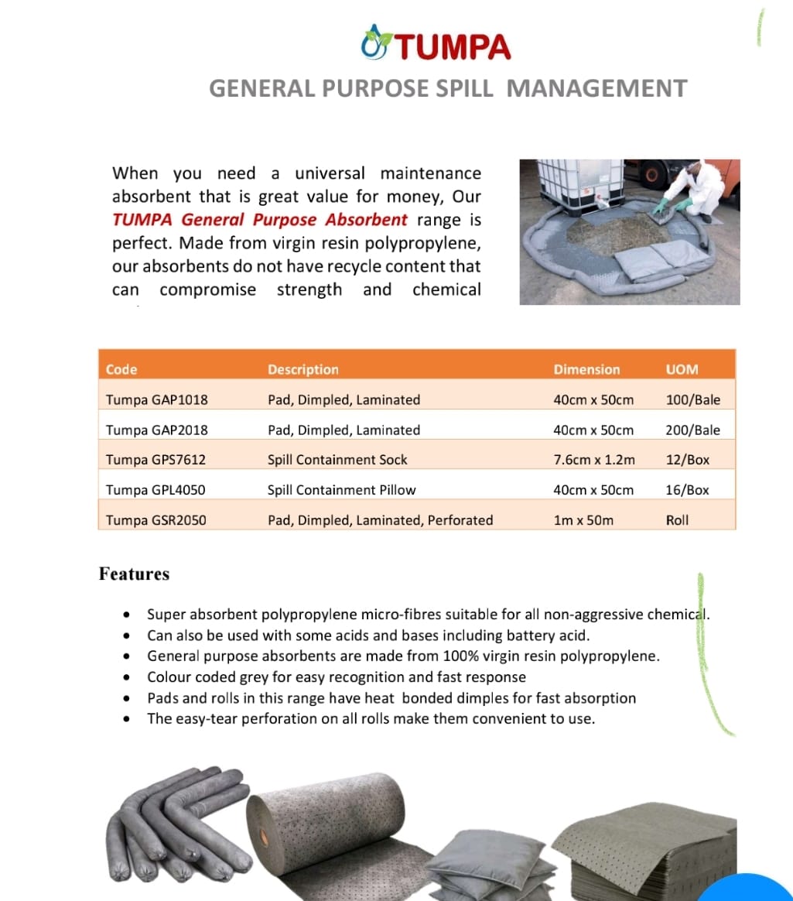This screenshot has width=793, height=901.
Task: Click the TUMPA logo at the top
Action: [437, 46]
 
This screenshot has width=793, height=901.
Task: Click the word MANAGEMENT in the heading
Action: [596, 88]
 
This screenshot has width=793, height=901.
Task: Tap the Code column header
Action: [121, 369]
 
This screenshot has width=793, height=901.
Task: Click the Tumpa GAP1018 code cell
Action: [157, 399]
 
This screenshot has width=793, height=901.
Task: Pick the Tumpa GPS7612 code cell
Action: [156, 460]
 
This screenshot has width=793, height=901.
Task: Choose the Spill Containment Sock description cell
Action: [337, 460]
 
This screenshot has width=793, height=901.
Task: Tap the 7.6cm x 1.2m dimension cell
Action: [594, 460]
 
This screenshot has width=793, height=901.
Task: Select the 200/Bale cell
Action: [692, 430]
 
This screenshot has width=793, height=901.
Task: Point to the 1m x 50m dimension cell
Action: [583, 520]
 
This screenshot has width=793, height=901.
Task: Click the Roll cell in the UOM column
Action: [677, 520]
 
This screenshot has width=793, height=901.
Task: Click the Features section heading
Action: [134, 574]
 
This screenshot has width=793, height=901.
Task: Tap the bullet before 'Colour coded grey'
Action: [126, 677]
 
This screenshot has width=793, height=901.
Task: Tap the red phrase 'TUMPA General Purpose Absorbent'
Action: [259, 220]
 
